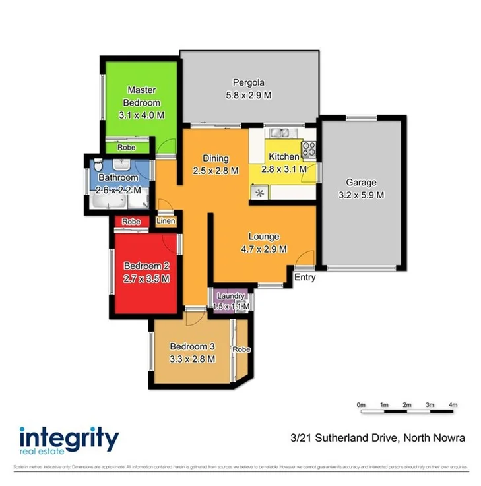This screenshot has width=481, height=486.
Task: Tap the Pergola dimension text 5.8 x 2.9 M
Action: coord(248,95)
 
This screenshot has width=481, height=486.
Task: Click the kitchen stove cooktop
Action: coord(308,150)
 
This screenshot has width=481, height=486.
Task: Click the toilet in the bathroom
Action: coord(97,164)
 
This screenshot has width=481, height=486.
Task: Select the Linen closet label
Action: coord(166,221)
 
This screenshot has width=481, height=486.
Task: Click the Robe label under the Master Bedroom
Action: coord(126,148)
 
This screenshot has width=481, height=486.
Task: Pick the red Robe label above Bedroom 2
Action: coord(131,222)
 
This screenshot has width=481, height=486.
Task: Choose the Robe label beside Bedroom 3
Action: coord(241,349)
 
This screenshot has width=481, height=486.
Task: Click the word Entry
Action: coord(305,278)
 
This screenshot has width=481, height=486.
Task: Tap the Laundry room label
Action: coord(231,296)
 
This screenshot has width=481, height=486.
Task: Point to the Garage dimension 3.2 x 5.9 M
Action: coord(361,195)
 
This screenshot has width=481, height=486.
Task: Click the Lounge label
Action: coord(263,236)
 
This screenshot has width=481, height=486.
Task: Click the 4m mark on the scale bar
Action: coord(453,404)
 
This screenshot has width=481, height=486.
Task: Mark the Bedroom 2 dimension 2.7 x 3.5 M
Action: coord(147,278)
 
